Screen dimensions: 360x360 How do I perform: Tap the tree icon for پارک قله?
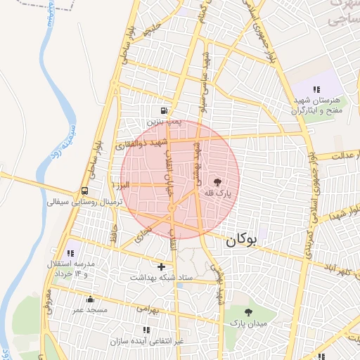coord(217,181)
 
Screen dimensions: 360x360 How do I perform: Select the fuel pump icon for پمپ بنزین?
coord(164,110)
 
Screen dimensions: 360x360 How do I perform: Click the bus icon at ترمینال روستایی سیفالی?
coord(85,191)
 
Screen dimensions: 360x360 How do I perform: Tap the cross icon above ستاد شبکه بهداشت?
coord(162,266)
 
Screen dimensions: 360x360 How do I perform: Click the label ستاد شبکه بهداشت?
coord(160,278)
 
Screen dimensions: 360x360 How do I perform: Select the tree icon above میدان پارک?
coord(248,311)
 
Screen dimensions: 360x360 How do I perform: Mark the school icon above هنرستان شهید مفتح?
coord(317,89)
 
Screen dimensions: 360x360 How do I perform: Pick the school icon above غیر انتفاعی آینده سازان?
coord(146,330)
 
